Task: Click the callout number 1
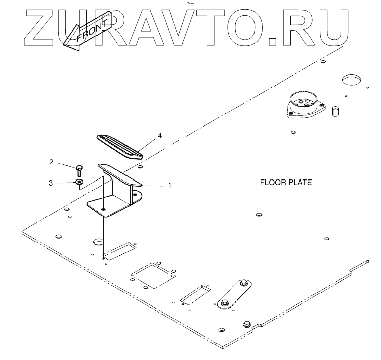(170, 185)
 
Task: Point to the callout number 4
(160, 136)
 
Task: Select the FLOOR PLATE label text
(286, 182)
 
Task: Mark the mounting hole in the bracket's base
(103, 209)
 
